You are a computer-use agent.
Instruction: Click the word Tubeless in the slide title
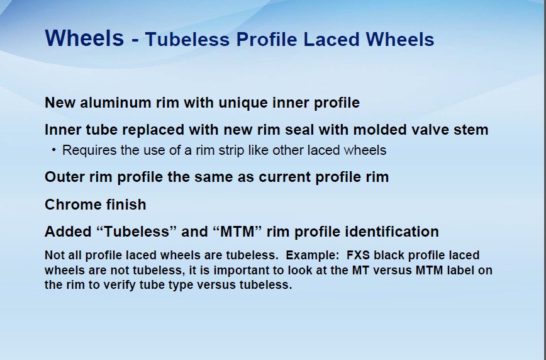[187, 40]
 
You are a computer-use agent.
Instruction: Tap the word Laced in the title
[331, 40]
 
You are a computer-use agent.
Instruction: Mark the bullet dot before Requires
[53, 150]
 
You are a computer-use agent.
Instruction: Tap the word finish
[126, 205]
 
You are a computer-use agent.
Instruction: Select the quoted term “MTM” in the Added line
[237, 232]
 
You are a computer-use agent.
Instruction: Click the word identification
[392, 232]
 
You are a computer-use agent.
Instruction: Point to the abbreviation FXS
[358, 256]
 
